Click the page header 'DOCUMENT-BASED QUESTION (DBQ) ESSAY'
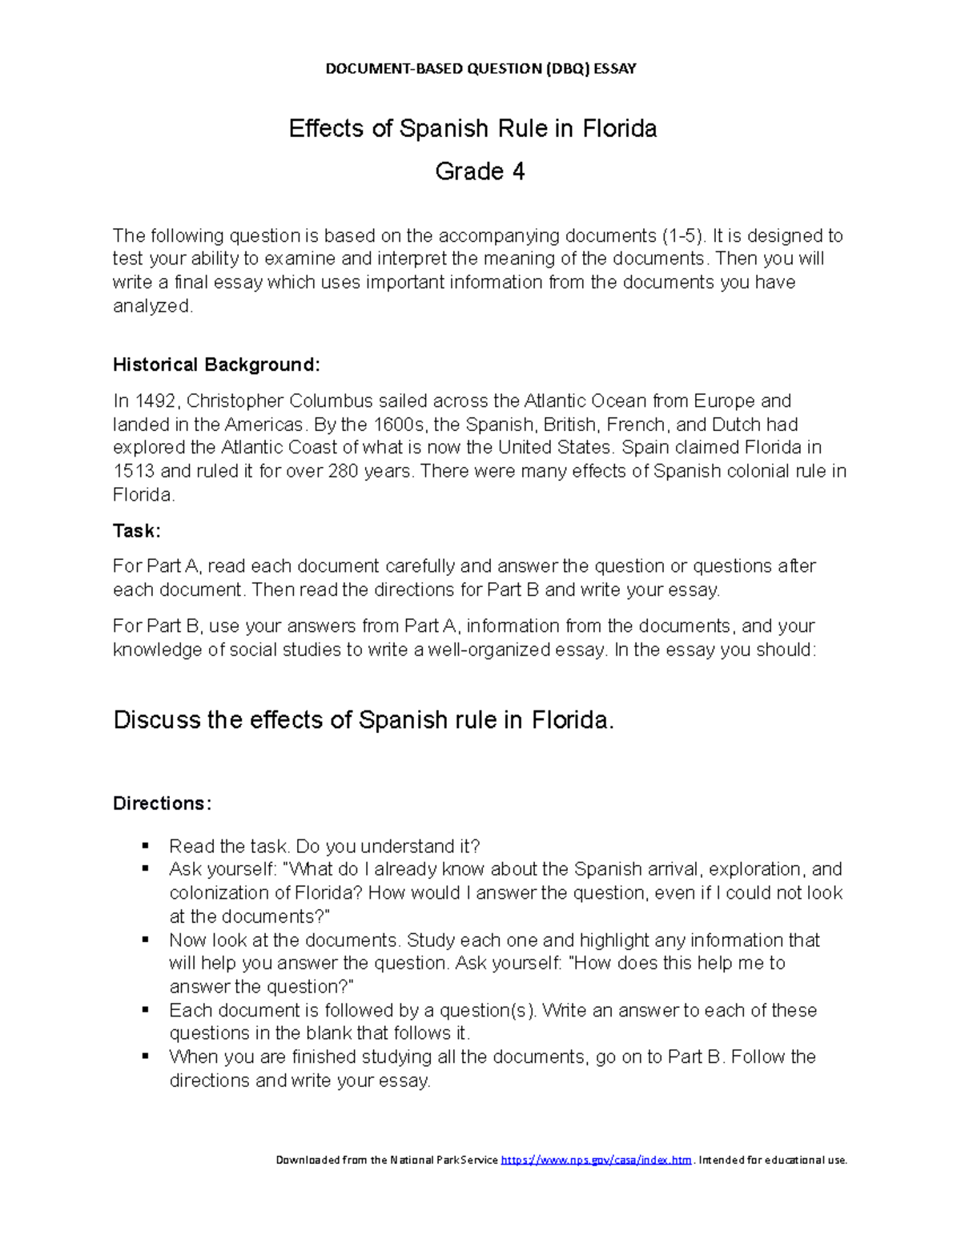click(x=480, y=69)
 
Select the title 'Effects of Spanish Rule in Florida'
click(x=472, y=129)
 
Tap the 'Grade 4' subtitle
click(x=480, y=171)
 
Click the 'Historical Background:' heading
click(x=216, y=365)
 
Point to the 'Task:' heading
click(x=137, y=531)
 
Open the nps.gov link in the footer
click(x=596, y=1160)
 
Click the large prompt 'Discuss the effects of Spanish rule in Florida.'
click(x=364, y=720)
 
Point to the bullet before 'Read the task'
click(x=146, y=845)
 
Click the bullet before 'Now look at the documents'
click(x=146, y=939)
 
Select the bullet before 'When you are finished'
click(x=146, y=1056)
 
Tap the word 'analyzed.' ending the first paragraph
click(x=153, y=307)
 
